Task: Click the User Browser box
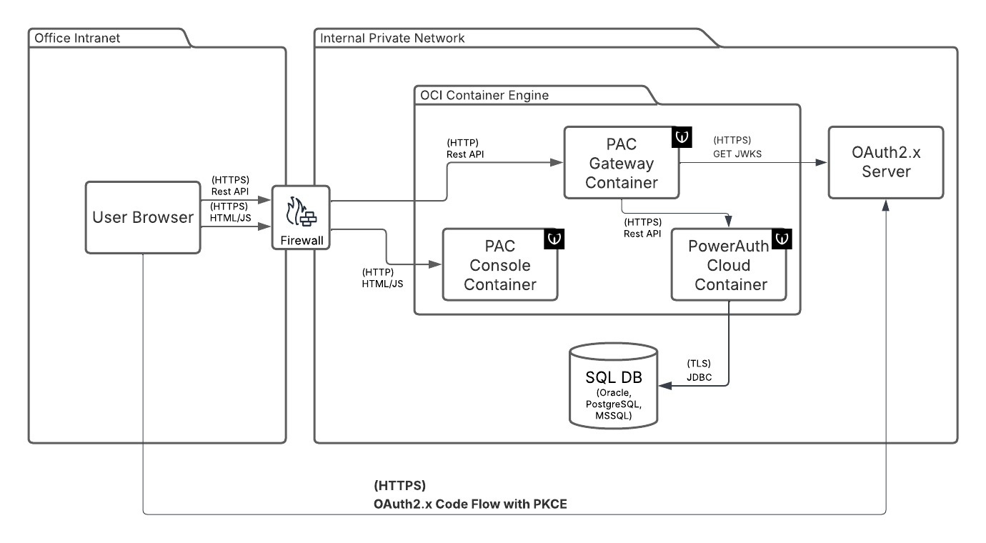tap(143, 217)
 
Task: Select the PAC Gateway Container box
tap(620, 163)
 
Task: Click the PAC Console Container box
tap(499, 265)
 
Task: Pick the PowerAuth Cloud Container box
tap(728, 265)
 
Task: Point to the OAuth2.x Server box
tap(885, 162)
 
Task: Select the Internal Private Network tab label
tap(392, 37)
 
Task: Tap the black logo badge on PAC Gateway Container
tap(681, 137)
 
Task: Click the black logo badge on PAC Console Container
tap(554, 239)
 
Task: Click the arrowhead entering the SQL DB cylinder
tap(664, 386)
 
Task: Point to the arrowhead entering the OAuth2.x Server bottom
tap(886, 204)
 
